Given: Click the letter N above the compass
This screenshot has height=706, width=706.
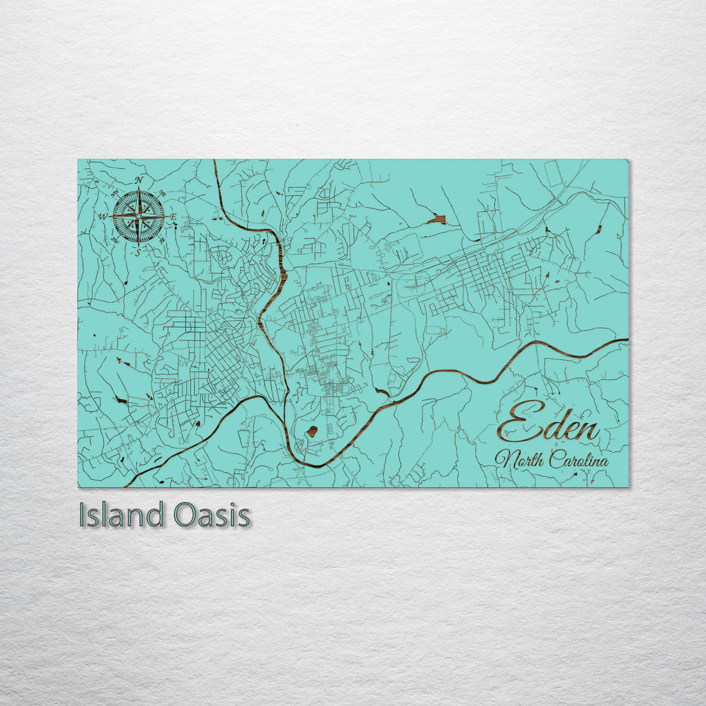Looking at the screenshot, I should pyautogui.click(x=138, y=180).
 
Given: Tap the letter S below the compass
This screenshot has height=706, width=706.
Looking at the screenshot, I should pyautogui.click(x=137, y=252).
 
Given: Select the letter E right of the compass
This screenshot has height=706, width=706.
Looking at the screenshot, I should pyautogui.click(x=173, y=216).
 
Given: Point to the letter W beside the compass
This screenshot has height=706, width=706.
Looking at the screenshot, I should pyautogui.click(x=103, y=216).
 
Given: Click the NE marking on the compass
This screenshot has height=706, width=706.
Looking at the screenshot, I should pyautogui.click(x=162, y=193).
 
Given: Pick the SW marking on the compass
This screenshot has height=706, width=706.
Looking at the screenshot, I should pyautogui.click(x=114, y=240).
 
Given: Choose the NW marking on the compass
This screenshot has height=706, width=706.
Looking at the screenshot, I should pyautogui.click(x=114, y=193).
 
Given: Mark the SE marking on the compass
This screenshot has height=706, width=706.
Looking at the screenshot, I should pyautogui.click(x=162, y=240).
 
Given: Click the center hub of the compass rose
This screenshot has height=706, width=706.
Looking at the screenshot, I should pyautogui.click(x=138, y=216).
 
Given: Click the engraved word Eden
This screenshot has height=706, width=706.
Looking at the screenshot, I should pyautogui.click(x=552, y=424).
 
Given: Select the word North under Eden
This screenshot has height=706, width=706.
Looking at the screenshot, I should pyautogui.click(x=520, y=459).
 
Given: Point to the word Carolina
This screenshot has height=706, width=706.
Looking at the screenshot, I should pyautogui.click(x=579, y=460).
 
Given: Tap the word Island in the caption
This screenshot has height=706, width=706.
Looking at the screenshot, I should pyautogui.click(x=121, y=515).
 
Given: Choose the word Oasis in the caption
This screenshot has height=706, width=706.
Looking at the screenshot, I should pyautogui.click(x=212, y=515).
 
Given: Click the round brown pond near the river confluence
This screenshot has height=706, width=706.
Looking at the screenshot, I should pyautogui.click(x=312, y=431).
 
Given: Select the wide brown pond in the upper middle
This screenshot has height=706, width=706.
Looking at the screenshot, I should pyautogui.click(x=437, y=220).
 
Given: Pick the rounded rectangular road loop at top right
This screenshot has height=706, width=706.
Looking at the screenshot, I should pyautogui.click(x=553, y=174).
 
